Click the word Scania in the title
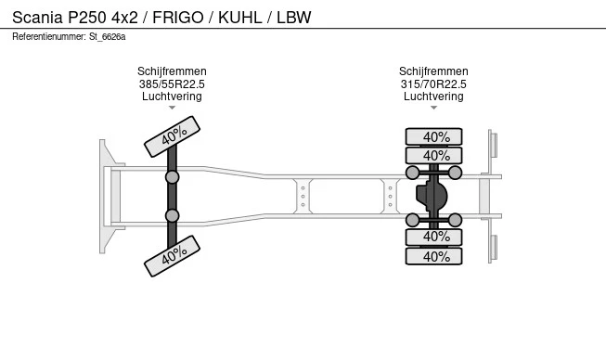click(37, 18)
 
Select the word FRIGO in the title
click(178, 18)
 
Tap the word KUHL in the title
click(240, 18)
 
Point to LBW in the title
click(294, 18)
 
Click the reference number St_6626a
click(108, 37)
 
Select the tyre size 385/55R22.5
click(172, 84)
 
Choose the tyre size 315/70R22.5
click(433, 84)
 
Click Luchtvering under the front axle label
click(172, 96)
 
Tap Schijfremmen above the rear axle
click(433, 71)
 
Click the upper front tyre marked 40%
click(172, 136)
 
